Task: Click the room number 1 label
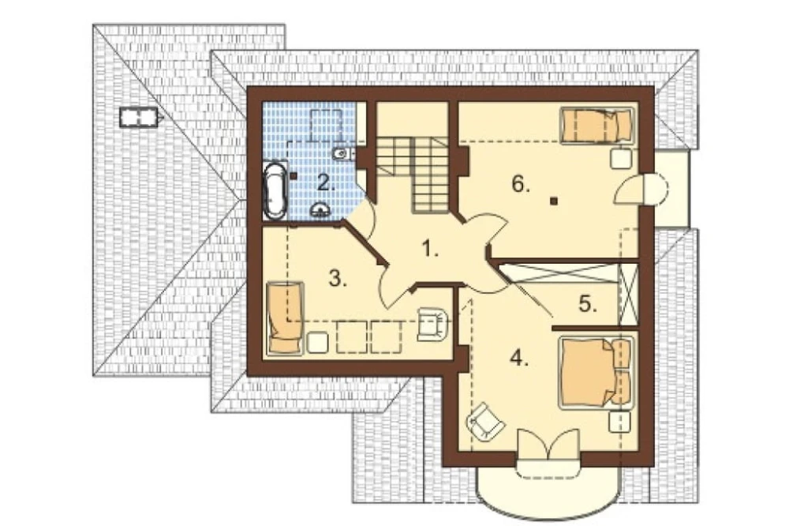tap(430, 249)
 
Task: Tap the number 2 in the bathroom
tap(326, 183)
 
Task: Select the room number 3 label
tap(338, 278)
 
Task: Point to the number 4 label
tap(519, 359)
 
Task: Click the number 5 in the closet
tap(588, 304)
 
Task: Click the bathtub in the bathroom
tap(275, 190)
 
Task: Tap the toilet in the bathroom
tap(344, 152)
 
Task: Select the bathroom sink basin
tap(320, 209)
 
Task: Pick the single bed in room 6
tap(597, 125)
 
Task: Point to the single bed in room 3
tap(285, 317)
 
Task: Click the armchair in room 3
tap(432, 324)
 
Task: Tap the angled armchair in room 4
tap(485, 421)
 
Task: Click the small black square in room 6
tap(554, 201)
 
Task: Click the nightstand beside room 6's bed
tap(621, 158)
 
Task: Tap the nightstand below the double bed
tap(619, 422)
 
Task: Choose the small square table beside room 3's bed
tap(317, 343)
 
